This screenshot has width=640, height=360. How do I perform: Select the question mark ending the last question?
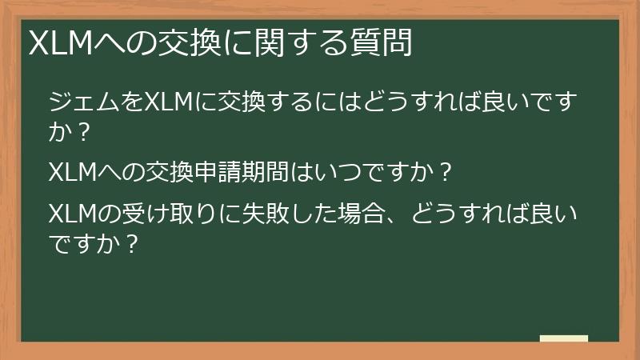[x=134, y=243]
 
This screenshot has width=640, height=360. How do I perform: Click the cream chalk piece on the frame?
[x=564, y=338]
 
